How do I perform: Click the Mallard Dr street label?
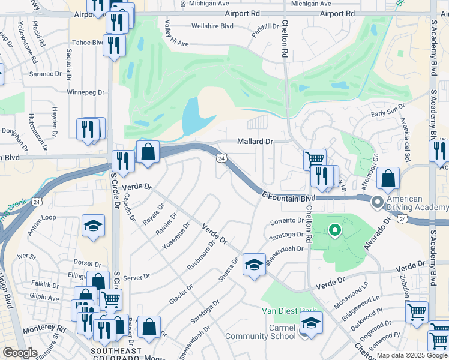(255, 142)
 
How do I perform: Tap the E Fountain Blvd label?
(289, 197)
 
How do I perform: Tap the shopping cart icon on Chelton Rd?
(315, 160)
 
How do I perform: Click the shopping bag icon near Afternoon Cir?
(389, 178)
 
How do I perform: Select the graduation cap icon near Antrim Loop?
(93, 226)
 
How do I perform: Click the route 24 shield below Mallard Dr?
(221, 158)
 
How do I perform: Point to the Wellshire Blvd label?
(211, 26)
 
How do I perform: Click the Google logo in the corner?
(20, 353)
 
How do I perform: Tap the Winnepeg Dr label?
(85, 93)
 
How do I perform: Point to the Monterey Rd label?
(44, 329)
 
